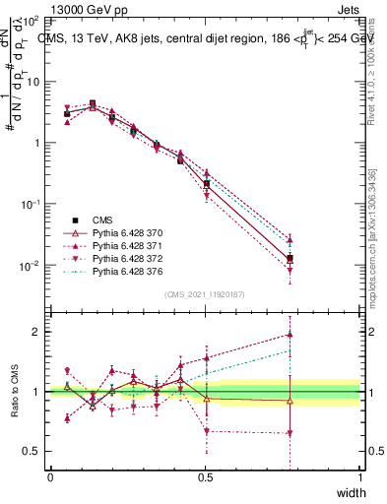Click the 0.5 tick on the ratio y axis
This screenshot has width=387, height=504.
point(33,451)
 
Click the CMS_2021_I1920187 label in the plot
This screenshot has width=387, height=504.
point(205,294)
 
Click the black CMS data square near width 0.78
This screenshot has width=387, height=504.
point(290,259)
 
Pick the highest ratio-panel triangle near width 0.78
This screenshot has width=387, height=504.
point(290,335)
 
